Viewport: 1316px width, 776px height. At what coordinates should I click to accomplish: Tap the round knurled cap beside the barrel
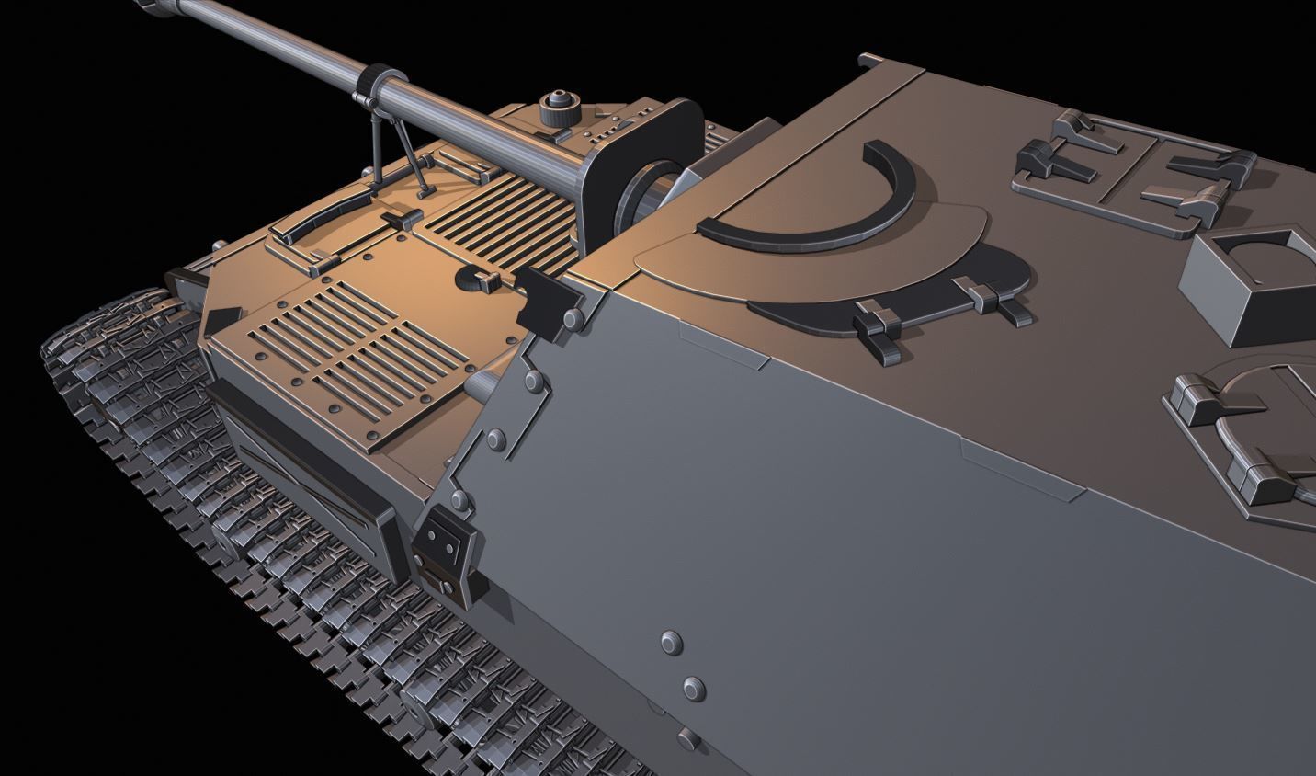coord(556,109)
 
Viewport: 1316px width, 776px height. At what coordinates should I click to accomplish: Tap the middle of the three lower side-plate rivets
coord(695,687)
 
